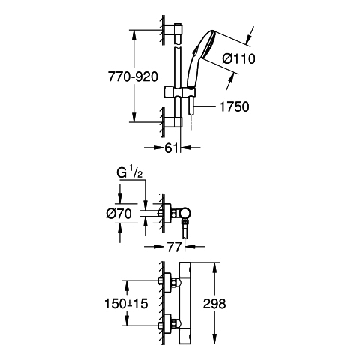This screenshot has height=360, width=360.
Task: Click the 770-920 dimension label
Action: (x=133, y=76)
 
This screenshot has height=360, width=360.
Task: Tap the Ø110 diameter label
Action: (x=238, y=59)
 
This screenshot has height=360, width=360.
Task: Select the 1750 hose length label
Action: (x=234, y=106)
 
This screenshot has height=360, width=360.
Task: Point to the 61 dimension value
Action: (x=172, y=148)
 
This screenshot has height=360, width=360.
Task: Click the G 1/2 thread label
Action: (x=130, y=173)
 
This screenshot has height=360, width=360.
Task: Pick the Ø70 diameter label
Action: (x=118, y=214)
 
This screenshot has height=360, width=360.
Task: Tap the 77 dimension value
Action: (x=174, y=247)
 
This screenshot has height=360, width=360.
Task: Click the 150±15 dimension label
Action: (x=126, y=304)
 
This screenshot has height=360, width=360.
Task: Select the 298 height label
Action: (x=214, y=304)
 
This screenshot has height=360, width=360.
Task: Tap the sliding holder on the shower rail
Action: (x=179, y=91)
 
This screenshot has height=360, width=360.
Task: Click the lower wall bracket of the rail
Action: (x=173, y=122)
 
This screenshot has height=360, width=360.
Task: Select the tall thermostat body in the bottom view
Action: (x=184, y=304)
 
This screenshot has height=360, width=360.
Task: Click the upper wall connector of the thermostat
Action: (x=168, y=282)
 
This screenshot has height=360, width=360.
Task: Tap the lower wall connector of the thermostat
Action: (x=168, y=325)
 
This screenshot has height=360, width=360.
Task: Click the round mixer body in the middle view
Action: (x=186, y=213)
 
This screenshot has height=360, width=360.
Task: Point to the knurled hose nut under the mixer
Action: (x=185, y=221)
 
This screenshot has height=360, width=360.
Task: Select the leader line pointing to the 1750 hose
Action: (x=205, y=106)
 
